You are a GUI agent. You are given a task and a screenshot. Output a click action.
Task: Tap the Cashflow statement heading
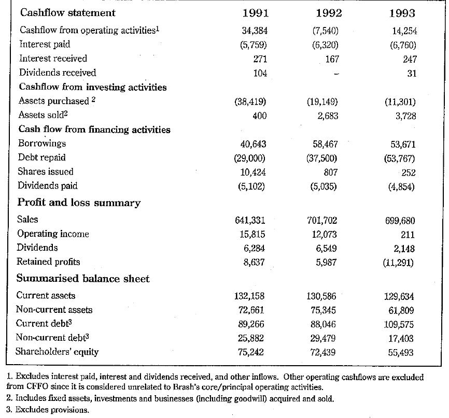point(67,12)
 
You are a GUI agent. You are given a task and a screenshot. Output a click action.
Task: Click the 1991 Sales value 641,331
point(250,220)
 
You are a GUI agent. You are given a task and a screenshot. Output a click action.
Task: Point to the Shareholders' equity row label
point(58,352)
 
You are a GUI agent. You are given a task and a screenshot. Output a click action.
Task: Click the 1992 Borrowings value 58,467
point(325,143)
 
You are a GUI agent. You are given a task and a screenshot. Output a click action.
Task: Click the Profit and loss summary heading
point(79,203)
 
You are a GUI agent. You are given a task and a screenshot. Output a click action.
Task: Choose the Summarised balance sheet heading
point(83,279)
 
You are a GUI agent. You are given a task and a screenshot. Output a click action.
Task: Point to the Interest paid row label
point(45,45)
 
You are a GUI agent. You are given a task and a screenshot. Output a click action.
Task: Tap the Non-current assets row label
point(54,310)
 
